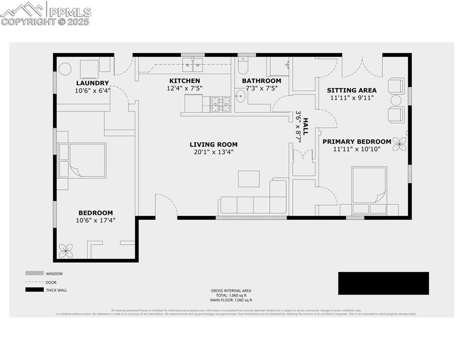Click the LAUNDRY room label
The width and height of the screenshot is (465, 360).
click(x=92, y=83)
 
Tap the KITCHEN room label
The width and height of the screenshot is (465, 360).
click(x=185, y=81)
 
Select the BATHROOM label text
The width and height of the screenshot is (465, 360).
click(x=261, y=81)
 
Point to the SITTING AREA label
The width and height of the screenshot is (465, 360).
click(x=351, y=90)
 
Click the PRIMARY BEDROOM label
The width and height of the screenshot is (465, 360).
click(x=356, y=142)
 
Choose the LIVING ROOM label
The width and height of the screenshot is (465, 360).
click(x=213, y=144)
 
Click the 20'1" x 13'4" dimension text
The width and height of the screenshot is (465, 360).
click(x=213, y=152)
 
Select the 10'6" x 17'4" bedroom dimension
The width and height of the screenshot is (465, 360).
click(x=95, y=220)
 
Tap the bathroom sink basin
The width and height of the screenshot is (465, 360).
click(x=240, y=97)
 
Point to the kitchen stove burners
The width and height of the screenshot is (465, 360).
click(x=220, y=104)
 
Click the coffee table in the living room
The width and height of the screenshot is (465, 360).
click(x=249, y=179)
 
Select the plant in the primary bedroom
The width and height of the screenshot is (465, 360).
click(x=399, y=144)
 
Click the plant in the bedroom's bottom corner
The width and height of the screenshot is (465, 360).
click(x=66, y=251)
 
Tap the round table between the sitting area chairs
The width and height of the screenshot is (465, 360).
click(x=396, y=100)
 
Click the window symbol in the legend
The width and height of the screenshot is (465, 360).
click(x=34, y=273)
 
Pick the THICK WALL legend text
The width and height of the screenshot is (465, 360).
click(x=56, y=290)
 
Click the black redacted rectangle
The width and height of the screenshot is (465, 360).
click(x=383, y=283)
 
